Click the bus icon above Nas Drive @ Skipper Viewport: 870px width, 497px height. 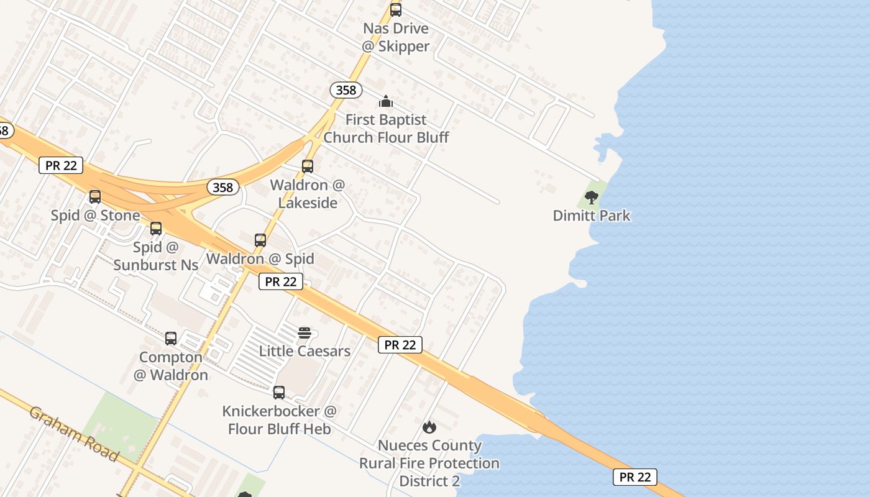[396, 10]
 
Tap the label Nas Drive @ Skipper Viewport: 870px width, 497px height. [396, 37]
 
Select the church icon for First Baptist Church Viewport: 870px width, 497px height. [386, 101]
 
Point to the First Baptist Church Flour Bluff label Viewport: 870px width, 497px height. [386, 129]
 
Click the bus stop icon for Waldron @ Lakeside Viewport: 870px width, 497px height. [308, 166]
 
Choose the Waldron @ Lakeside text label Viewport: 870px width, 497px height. [308, 194]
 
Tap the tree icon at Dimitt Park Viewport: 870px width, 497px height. [592, 198]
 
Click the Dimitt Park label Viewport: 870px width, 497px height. [592, 216]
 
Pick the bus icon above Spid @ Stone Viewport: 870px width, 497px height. [95, 197]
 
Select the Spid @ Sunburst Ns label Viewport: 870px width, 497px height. [156, 256]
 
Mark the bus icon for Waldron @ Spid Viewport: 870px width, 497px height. [260, 240]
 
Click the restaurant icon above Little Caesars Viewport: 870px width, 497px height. [304, 333]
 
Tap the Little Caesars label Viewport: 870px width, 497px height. [304, 351]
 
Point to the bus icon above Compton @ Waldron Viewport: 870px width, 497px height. [171, 339]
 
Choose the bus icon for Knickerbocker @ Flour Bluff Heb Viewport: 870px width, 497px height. [279, 393]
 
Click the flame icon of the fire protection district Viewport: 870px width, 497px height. [429, 427]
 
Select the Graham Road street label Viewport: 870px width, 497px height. [74, 434]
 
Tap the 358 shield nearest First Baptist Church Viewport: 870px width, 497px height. [346, 90]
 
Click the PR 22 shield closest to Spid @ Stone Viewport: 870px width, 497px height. [61, 165]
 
